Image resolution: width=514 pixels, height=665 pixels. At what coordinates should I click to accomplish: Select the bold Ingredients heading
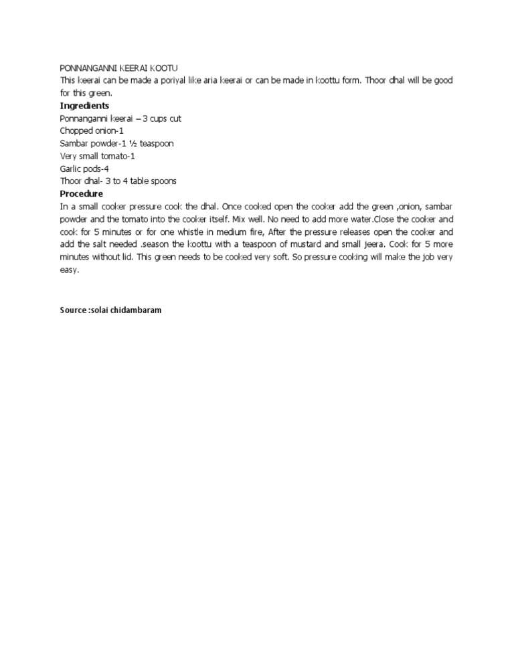[85, 106]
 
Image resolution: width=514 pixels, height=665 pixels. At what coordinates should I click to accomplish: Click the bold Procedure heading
[82, 194]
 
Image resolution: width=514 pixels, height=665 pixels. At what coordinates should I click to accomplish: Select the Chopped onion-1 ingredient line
[92, 131]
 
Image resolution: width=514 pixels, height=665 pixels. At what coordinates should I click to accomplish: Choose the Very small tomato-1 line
[98, 156]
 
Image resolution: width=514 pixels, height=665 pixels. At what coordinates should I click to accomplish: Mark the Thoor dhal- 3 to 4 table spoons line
[118, 181]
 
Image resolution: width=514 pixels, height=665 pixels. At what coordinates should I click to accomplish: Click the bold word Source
[73, 310]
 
